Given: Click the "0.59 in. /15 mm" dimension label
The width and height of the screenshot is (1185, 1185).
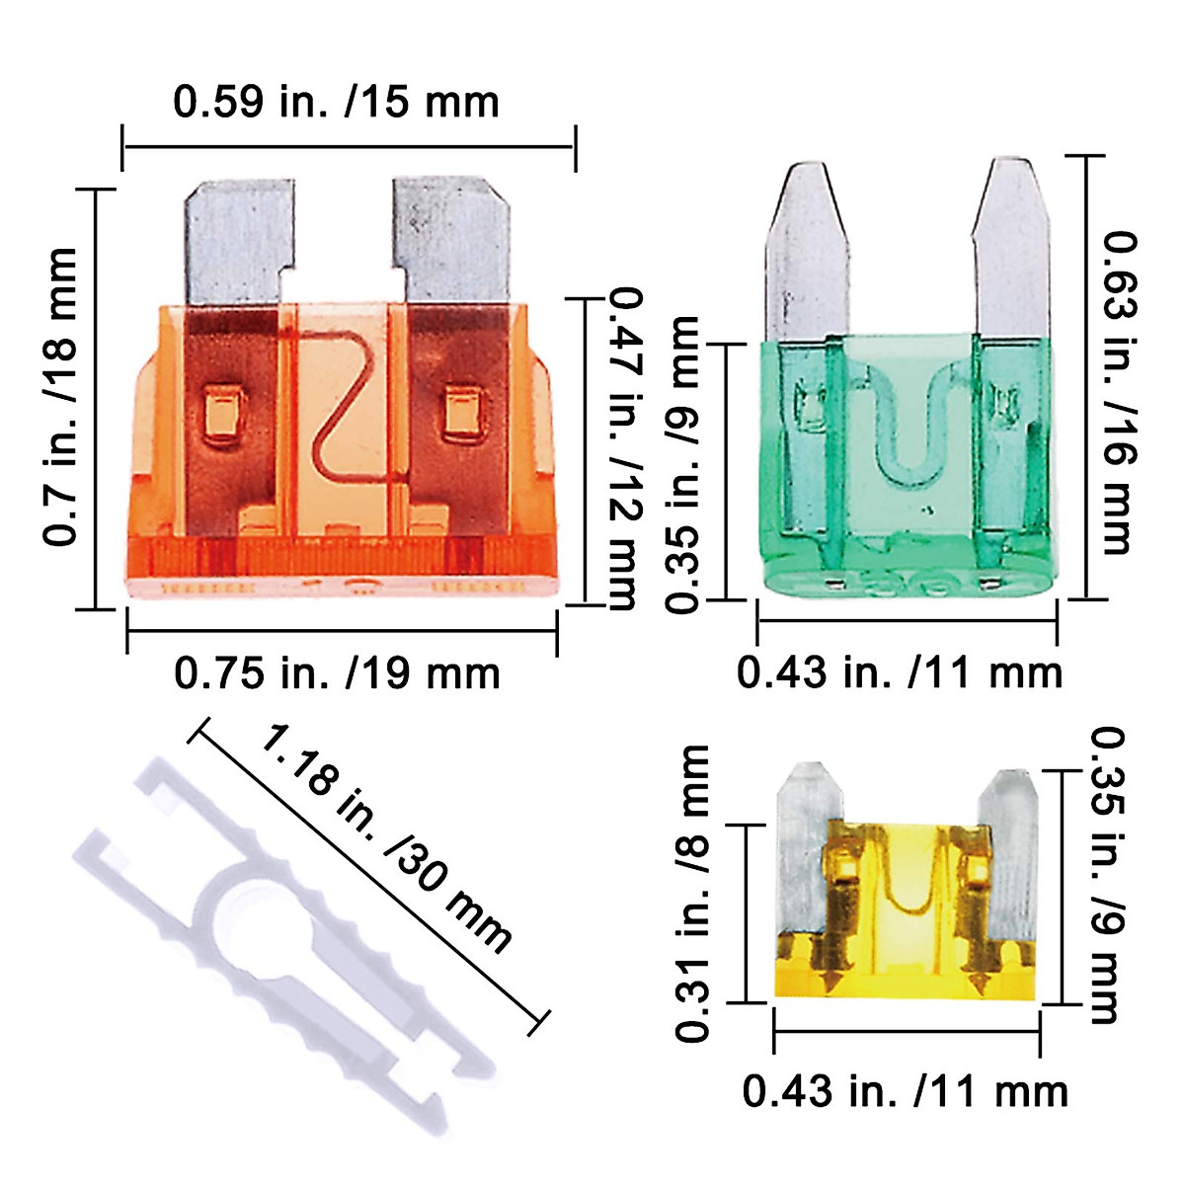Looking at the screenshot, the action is click(336, 102).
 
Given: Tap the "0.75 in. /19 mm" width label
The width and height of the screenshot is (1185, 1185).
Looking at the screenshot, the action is click(337, 674).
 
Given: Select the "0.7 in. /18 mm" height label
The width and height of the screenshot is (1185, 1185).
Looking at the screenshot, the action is click(59, 396).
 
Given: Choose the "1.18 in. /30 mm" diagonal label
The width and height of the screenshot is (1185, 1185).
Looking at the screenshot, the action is click(385, 840).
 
